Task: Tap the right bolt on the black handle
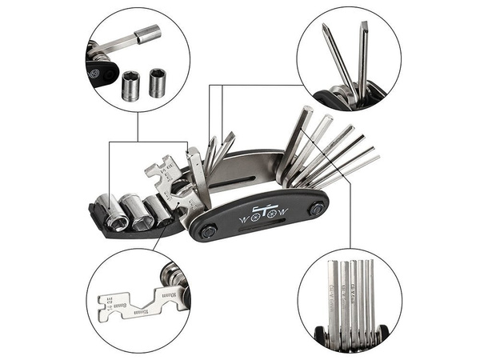click(x=317, y=208)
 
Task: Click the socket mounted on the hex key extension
click(x=148, y=34)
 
